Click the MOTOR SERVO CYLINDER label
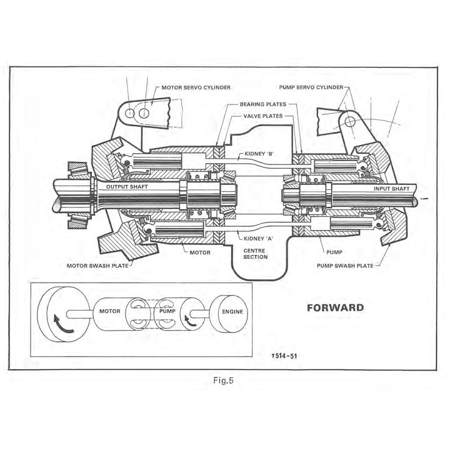pos(196,87)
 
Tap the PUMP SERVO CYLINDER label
pos(311,87)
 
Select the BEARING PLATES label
pos(263,104)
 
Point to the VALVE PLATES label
pos(263,116)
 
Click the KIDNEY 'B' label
pos(259,154)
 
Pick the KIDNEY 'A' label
pos(258,239)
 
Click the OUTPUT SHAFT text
pos(127,187)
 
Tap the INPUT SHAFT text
pos(391,189)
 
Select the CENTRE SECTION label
pos(255,254)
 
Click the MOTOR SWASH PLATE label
pos(97,266)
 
